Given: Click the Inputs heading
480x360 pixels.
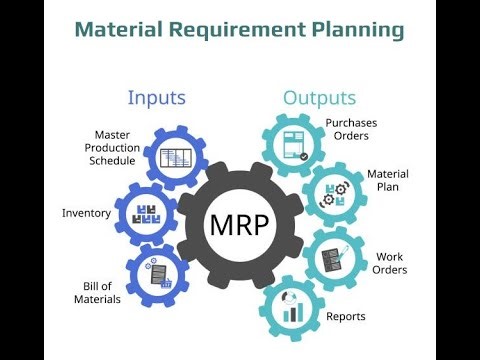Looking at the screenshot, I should [x=158, y=98].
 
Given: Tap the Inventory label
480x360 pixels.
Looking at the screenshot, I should [x=86, y=213].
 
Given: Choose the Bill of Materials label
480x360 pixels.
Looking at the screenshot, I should [x=97, y=292].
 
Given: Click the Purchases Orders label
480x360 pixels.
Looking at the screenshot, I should [x=350, y=131].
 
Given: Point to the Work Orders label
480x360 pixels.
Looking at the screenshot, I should [x=389, y=262].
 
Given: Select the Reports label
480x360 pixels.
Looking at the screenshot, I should [x=345, y=317].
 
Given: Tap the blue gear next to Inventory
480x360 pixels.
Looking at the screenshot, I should [x=147, y=213].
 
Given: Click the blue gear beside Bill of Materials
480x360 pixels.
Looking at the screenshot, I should [x=158, y=275].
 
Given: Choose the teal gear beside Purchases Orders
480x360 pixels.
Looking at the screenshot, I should [x=296, y=143].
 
